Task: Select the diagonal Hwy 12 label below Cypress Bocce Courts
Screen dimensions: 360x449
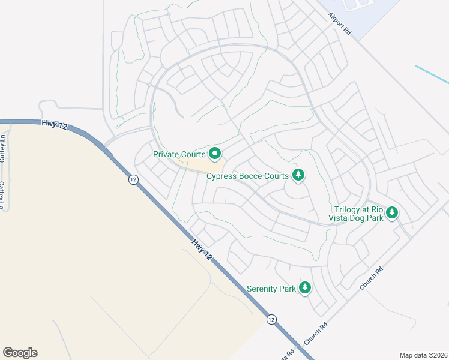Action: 202,250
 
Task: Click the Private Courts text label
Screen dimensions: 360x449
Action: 179,154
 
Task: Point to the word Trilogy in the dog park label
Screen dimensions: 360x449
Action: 349,209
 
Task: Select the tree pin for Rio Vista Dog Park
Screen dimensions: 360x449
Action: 392,213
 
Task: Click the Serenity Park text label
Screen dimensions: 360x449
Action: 271,289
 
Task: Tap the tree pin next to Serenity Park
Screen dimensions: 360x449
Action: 306,289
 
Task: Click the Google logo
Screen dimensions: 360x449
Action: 20,353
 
